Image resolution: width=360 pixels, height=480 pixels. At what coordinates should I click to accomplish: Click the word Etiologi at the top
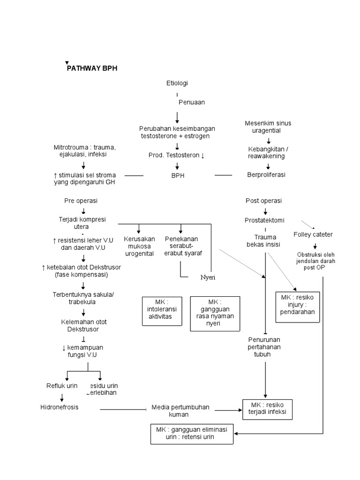[177, 83]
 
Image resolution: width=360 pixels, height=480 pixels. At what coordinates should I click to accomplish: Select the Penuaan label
[191, 102]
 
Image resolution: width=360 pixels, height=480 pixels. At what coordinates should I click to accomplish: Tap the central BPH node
[177, 175]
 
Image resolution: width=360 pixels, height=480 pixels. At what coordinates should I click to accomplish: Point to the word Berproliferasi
[266, 174]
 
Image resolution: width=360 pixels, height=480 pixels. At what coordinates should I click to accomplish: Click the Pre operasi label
[81, 201]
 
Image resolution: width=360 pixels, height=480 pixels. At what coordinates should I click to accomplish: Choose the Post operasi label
[263, 201]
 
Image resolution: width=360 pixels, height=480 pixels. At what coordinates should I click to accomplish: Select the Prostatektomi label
[264, 220]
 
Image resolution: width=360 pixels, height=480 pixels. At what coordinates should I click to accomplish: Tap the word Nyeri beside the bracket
[207, 277]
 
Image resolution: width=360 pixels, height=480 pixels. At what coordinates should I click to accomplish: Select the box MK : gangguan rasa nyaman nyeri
[215, 314]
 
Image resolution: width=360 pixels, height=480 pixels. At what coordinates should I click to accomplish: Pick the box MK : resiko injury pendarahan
[298, 307]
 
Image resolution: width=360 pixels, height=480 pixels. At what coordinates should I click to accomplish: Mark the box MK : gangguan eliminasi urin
[192, 434]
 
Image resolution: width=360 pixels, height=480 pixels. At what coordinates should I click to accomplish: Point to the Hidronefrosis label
[59, 407]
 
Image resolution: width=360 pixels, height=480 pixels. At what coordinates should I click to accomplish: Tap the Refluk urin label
[62, 386]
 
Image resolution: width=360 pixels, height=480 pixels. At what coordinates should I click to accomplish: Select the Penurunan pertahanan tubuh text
[265, 347]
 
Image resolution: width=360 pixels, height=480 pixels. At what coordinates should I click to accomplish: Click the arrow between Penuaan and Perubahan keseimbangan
[177, 117]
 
